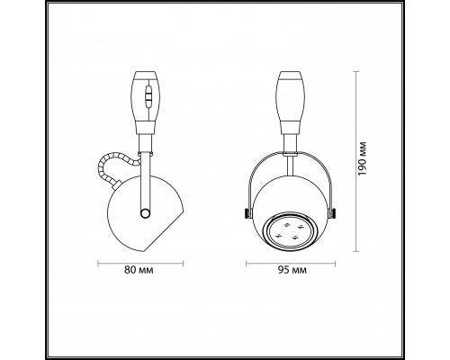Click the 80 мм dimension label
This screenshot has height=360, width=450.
click(x=139, y=270)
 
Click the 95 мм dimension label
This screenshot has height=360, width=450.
click(x=292, y=270)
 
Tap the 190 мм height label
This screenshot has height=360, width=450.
click(x=362, y=158)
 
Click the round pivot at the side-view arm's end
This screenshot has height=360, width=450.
click(x=145, y=213)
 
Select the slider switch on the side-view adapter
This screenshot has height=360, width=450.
click(x=148, y=96)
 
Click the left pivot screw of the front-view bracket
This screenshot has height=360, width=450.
click(x=247, y=213)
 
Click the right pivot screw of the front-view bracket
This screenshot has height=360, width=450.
click(x=332, y=213)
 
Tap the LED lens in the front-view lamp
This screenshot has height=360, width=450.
click(x=290, y=230)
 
